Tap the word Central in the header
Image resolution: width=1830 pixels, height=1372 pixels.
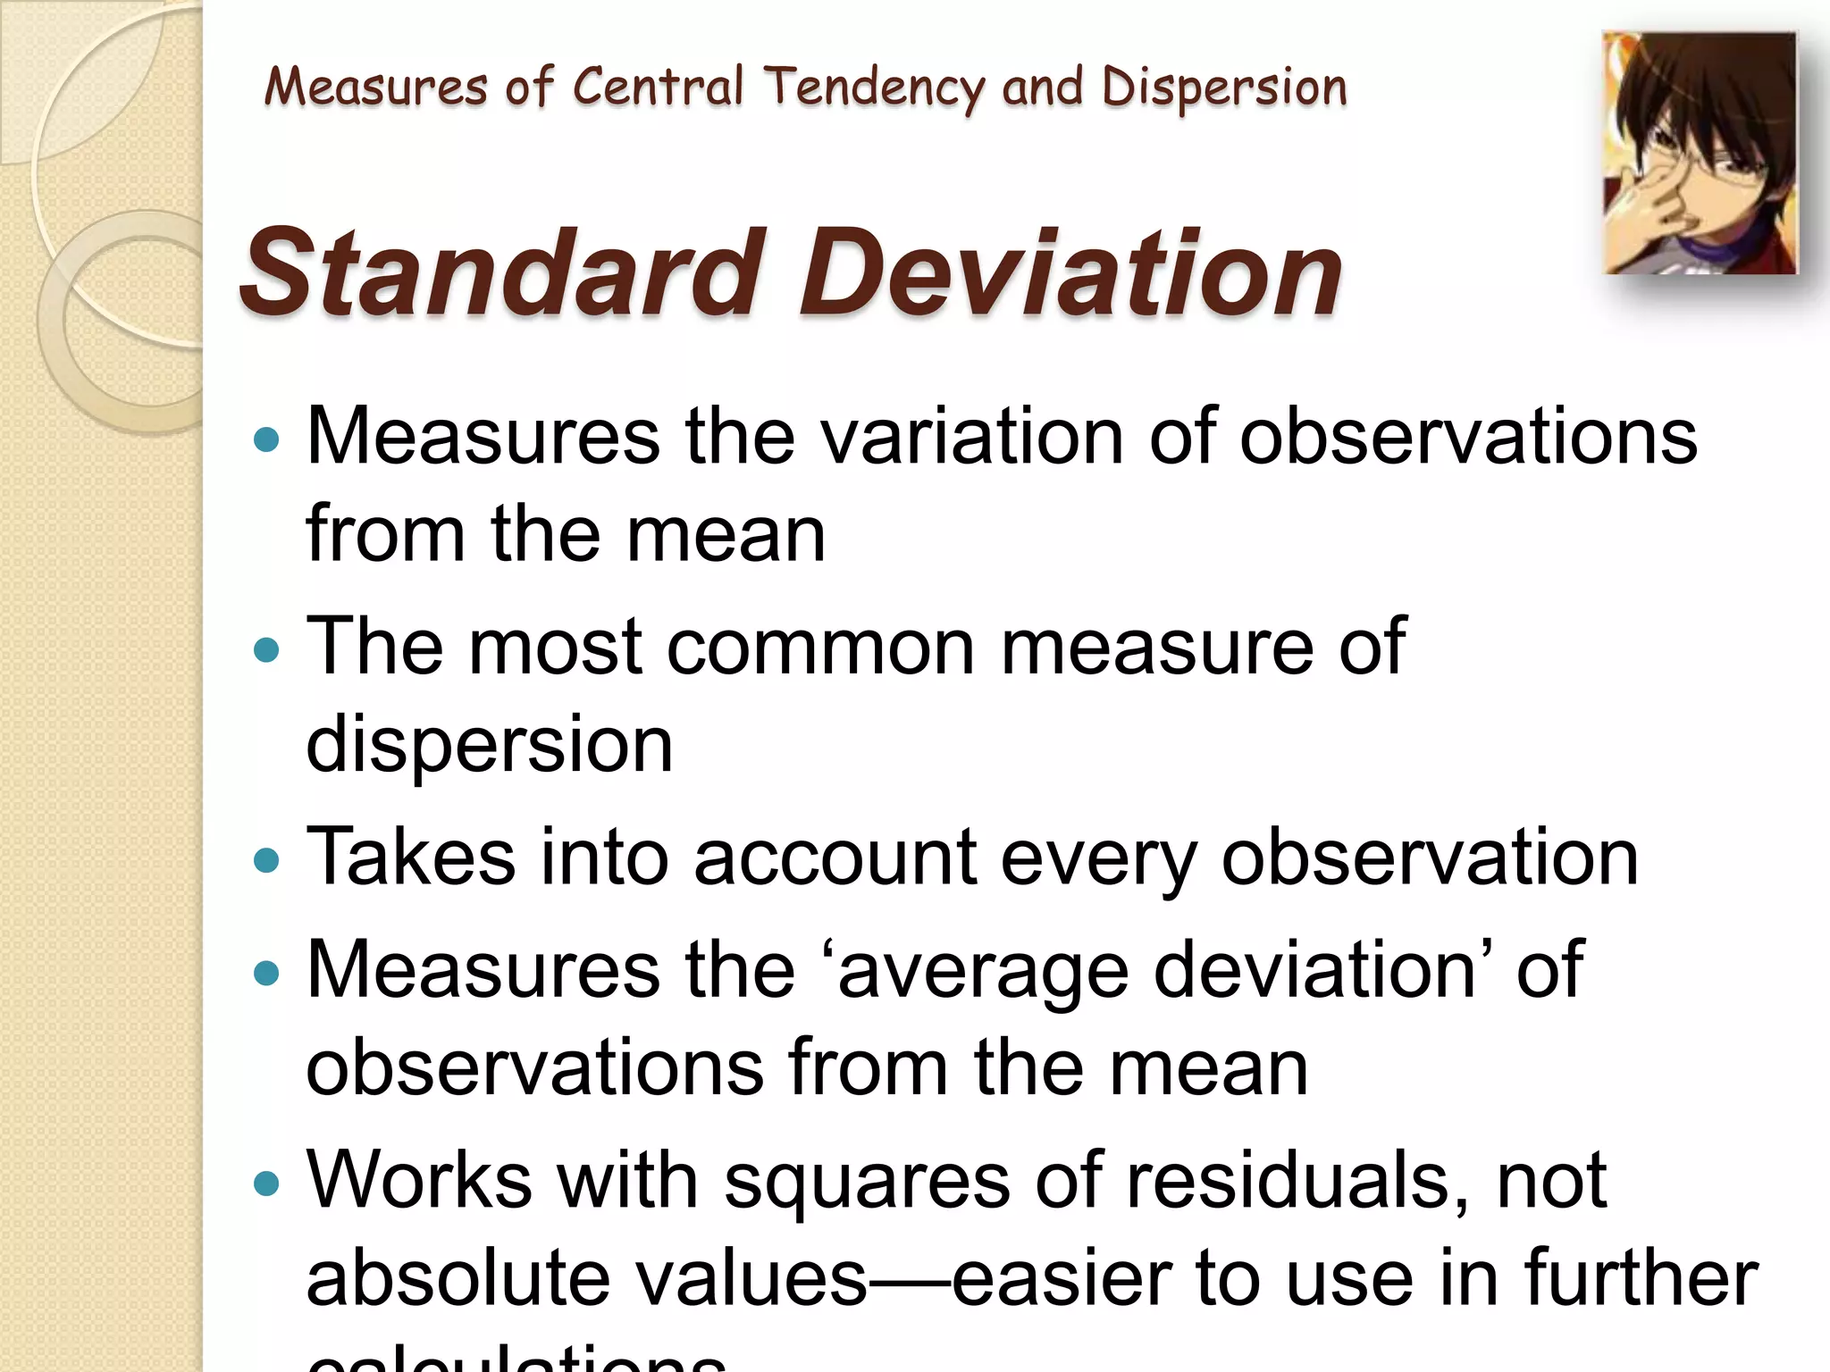coord(657,88)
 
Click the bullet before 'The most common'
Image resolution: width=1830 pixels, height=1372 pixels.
coord(266,648)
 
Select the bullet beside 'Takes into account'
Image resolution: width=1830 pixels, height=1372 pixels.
coord(266,859)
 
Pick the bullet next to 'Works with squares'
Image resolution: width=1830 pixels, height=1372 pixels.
coord(266,1184)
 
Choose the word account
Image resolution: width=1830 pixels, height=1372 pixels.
coord(835,857)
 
